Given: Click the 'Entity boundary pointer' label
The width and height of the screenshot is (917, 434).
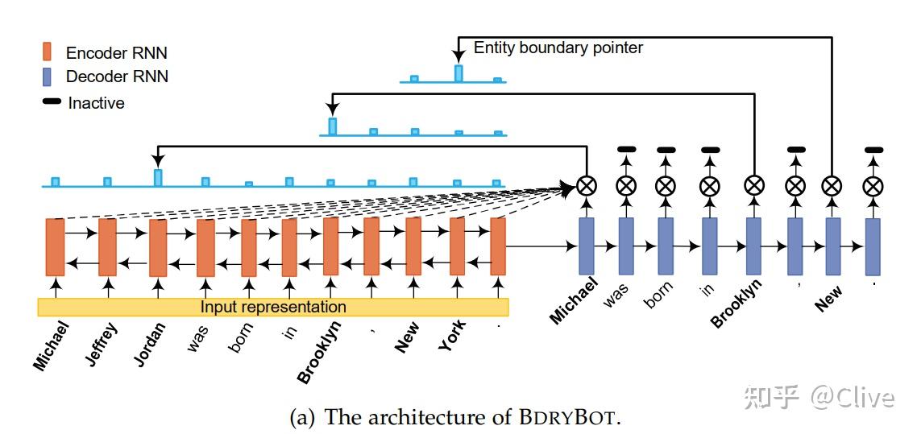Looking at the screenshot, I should (x=558, y=48).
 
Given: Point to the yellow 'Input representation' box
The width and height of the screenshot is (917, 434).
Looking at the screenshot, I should (x=273, y=307).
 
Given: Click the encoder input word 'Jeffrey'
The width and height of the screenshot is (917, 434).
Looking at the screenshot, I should (x=103, y=344).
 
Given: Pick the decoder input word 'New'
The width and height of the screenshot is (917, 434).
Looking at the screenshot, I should (x=828, y=298).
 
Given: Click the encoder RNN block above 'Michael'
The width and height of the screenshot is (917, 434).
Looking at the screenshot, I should (x=55, y=247).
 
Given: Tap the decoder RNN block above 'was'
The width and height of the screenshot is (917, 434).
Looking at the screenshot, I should (x=626, y=246).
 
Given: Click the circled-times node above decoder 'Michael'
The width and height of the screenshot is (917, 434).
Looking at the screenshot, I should (x=587, y=186).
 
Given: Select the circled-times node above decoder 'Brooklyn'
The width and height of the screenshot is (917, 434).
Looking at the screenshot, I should (x=753, y=186).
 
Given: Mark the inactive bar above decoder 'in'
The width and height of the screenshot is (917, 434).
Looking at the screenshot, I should (x=709, y=149).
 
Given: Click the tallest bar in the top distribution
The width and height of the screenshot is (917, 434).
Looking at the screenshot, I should (x=458, y=73).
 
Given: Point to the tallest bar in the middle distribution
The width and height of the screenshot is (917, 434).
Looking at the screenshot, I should (x=332, y=126).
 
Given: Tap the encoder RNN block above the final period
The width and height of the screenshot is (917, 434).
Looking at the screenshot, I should (x=498, y=247).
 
